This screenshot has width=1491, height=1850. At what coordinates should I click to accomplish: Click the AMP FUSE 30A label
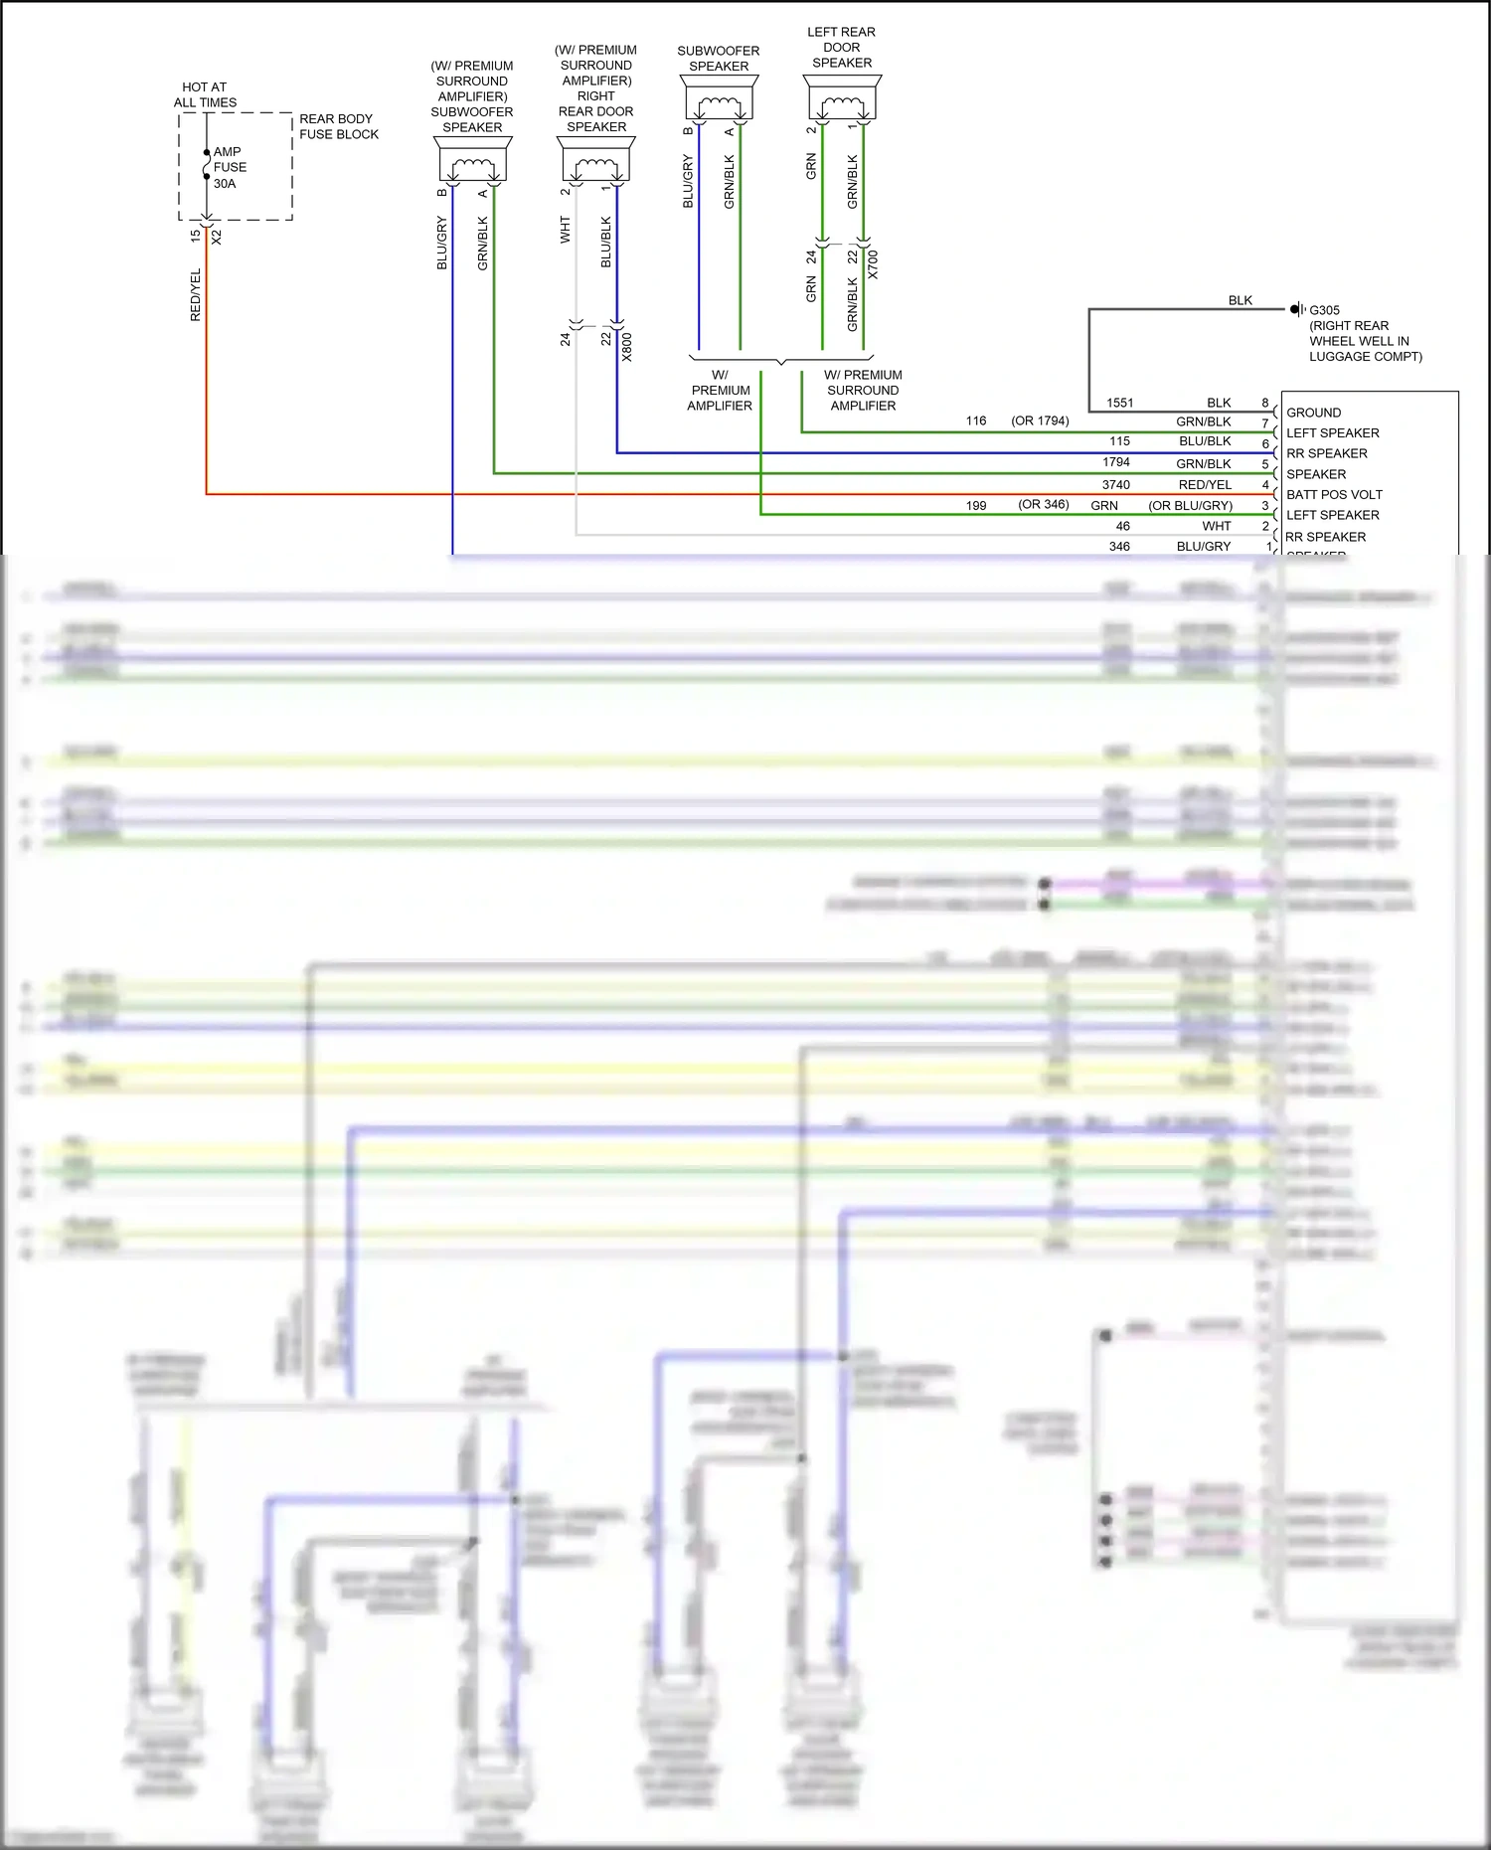point(229,167)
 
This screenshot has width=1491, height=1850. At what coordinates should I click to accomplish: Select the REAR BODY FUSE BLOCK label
point(338,126)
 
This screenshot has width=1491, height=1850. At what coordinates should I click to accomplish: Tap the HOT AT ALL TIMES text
point(205,94)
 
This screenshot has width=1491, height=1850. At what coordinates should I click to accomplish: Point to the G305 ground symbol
point(1296,309)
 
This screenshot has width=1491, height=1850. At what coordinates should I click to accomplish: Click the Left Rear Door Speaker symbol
point(842,100)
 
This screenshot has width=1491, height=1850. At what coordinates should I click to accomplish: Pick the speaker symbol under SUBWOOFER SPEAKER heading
point(719,99)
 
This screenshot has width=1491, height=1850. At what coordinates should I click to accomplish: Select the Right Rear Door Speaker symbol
point(595,161)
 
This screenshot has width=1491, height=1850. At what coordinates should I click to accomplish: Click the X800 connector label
point(627,347)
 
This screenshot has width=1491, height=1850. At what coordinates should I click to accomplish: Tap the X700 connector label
point(873,264)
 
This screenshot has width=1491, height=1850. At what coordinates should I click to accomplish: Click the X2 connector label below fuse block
point(217,238)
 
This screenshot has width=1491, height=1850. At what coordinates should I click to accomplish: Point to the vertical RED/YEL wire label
point(196,294)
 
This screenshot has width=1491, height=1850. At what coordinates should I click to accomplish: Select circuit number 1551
point(1119,403)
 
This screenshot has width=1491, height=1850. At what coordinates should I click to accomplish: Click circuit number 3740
point(1115,484)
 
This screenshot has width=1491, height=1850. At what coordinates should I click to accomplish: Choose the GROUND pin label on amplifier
point(1313,413)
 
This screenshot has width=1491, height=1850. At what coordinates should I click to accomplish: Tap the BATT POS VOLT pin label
point(1334,494)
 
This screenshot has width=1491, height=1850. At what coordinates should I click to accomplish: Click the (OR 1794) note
point(1040,420)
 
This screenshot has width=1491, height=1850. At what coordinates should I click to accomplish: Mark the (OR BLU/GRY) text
point(1190,505)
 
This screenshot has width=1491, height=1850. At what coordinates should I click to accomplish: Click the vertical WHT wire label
point(566,230)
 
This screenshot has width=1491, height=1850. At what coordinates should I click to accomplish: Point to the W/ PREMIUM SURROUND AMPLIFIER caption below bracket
point(863,390)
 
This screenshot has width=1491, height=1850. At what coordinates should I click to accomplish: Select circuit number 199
point(976,505)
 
